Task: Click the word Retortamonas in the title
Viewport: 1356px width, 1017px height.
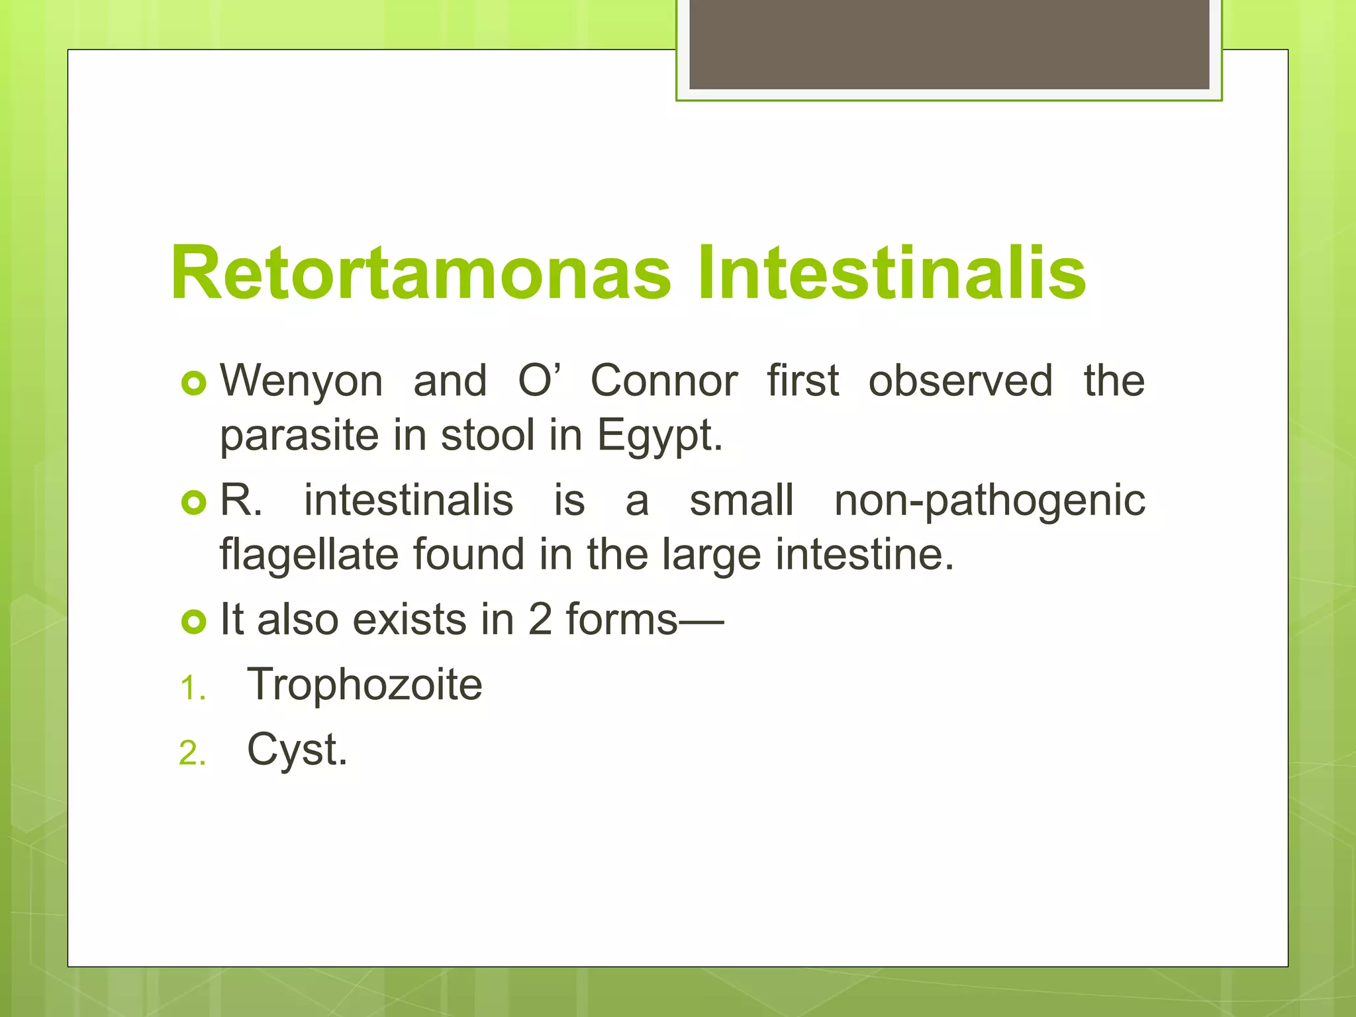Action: pyautogui.click(x=420, y=273)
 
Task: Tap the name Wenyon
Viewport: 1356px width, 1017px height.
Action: pyautogui.click(x=301, y=381)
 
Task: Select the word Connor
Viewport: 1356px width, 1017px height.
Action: pyautogui.click(x=663, y=381)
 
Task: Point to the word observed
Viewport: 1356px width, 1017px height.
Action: pyautogui.click(x=960, y=381)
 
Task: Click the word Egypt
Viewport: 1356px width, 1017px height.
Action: pyautogui.click(x=659, y=437)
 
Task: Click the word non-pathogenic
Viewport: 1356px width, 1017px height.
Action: pyautogui.click(x=989, y=501)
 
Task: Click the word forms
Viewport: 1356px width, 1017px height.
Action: pyautogui.click(x=622, y=620)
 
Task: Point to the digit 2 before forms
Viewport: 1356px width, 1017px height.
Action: pyautogui.click(x=540, y=620)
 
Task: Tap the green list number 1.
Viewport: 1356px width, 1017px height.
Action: pyautogui.click(x=191, y=689)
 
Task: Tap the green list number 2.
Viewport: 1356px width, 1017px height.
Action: pyautogui.click(x=191, y=753)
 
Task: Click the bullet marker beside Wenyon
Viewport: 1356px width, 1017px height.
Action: pyautogui.click(x=194, y=384)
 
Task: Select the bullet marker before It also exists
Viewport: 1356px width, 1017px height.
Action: pyautogui.click(x=194, y=622)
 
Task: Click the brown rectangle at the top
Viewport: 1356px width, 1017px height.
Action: pyautogui.click(x=949, y=44)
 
